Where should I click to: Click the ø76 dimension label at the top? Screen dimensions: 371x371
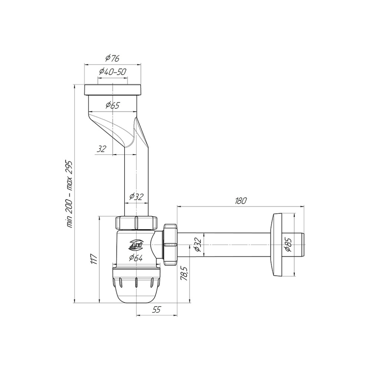(x=113, y=58)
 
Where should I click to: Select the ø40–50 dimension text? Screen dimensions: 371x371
(x=113, y=71)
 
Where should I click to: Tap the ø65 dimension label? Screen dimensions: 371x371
(x=113, y=105)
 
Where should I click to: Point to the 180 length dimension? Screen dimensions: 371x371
(x=241, y=201)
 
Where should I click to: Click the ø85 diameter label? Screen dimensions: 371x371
(x=289, y=245)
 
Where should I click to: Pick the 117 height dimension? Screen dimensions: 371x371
(x=94, y=259)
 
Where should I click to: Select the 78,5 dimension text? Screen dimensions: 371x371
(x=184, y=274)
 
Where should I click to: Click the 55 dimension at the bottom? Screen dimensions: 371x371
(x=157, y=310)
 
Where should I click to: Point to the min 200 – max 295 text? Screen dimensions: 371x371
(x=70, y=194)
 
